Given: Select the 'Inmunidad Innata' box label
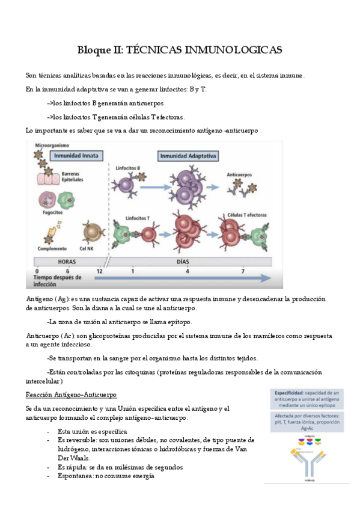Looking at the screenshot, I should pyautogui.click(x=76, y=155).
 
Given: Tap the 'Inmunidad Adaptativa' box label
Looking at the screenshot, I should pyautogui.click(x=188, y=155).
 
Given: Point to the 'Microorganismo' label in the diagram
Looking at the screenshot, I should pyautogui.click(x=52, y=146).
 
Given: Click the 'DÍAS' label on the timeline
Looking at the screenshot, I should pyautogui.click(x=186, y=262).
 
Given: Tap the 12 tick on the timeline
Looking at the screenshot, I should pyautogui.click(x=99, y=271).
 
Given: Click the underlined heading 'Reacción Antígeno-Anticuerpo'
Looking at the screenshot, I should pyautogui.click(x=72, y=394).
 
